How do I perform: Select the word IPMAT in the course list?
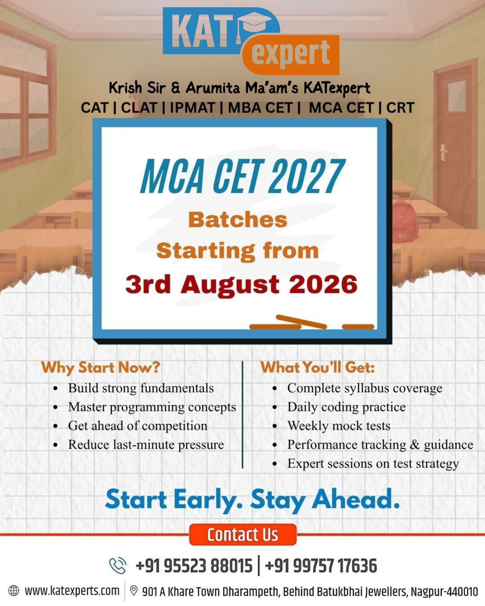pos(192,108)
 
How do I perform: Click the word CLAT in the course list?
pos(139,108)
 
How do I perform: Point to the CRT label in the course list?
pos(400,108)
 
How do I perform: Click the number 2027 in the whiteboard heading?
pos(306,176)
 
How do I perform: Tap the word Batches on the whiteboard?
pos(238,220)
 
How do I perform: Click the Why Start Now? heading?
pos(101,368)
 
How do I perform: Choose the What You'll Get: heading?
pos(318,367)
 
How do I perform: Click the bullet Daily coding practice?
pos(346,407)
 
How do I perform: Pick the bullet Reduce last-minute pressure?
pos(146,445)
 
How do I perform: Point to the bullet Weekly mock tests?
pos(339,426)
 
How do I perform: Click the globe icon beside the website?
pos(14,590)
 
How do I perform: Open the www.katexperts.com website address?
pos(72,590)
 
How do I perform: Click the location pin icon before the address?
pos(134,590)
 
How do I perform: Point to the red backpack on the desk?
pos(404,221)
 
